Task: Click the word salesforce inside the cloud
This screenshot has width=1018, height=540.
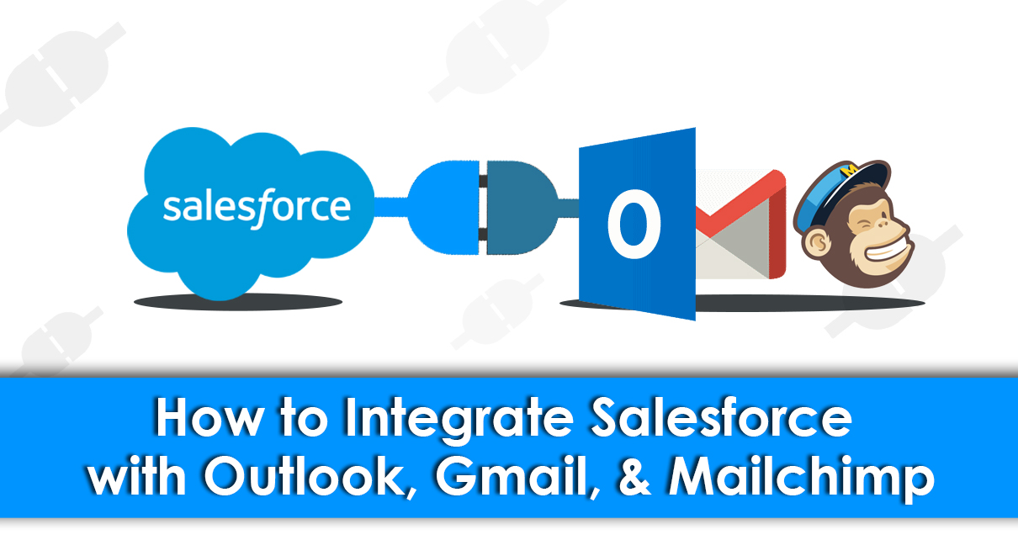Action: (x=257, y=206)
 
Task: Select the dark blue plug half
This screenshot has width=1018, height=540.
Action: (x=517, y=207)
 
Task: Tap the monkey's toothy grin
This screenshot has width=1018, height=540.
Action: (x=875, y=251)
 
